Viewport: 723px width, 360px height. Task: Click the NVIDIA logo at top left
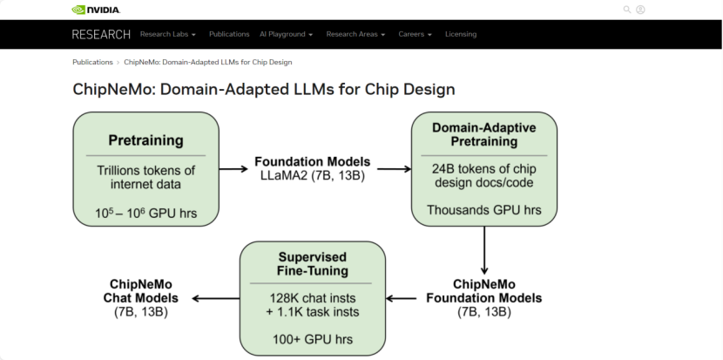[x=96, y=10]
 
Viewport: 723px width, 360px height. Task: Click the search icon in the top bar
[x=626, y=10]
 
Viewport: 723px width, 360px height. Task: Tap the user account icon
[x=640, y=10]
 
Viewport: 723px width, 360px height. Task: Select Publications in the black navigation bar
[x=229, y=34]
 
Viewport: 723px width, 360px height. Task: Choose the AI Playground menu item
[x=286, y=34]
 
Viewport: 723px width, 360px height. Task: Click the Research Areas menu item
[x=355, y=34]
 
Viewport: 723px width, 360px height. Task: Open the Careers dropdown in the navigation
[x=415, y=34]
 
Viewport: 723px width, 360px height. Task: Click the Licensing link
[x=461, y=34]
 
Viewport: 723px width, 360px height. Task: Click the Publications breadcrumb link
[x=92, y=62]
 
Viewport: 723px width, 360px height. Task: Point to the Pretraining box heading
[x=145, y=139]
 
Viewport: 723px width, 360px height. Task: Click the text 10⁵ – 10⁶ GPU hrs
[x=145, y=212]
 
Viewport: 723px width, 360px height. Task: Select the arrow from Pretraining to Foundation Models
[x=233, y=168]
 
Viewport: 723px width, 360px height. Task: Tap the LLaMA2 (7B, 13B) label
[x=312, y=175]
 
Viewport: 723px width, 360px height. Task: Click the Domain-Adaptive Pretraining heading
[x=483, y=133]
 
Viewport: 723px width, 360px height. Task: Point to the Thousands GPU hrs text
[x=483, y=209]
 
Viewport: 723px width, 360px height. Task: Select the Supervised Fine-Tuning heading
[x=312, y=263]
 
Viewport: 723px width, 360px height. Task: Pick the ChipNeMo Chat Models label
[x=141, y=297]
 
